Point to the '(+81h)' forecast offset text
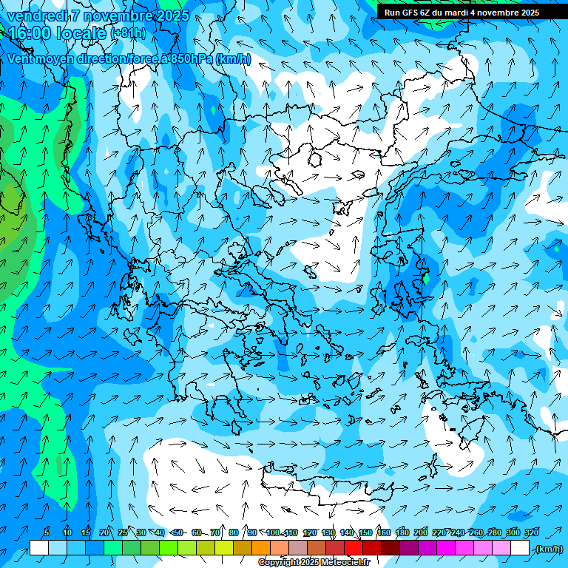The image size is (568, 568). coord(128,33)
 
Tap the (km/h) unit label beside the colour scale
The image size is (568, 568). coord(549,549)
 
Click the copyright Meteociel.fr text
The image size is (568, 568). coord(314,563)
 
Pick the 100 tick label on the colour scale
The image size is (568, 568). coord(273,532)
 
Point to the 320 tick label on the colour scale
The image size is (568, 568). coord(531,532)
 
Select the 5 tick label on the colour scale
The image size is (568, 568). coord(47,532)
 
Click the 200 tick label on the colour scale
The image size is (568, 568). coord(420,532)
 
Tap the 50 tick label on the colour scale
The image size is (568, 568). coord(178,532)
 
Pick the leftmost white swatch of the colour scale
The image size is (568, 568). coord(39,548)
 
